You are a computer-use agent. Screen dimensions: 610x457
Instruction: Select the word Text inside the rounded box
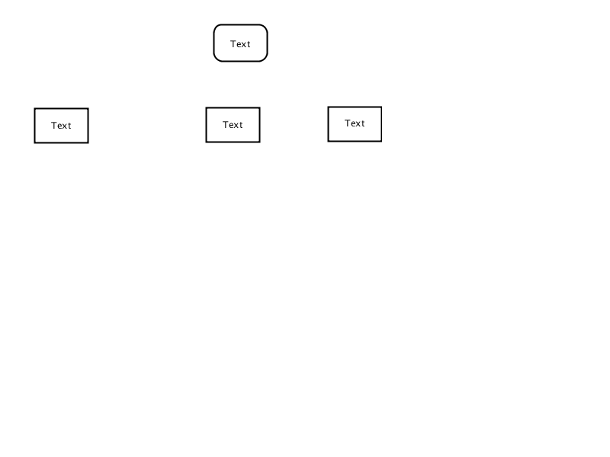point(240,44)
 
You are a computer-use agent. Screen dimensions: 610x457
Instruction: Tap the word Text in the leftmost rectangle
point(61,126)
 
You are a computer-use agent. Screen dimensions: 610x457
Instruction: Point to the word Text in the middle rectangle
point(233,125)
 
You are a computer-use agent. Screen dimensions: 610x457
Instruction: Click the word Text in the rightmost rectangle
point(355,123)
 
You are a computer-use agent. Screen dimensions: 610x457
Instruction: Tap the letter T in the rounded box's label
point(233,44)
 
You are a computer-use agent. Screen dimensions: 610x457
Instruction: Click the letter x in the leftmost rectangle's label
point(65,126)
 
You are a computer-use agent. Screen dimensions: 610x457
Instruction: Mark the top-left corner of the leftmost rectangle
point(34,108)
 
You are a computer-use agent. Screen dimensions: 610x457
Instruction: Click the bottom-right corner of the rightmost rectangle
point(382,142)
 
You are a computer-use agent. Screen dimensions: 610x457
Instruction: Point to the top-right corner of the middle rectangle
point(260,107)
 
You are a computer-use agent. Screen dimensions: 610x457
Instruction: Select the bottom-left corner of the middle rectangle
point(206,142)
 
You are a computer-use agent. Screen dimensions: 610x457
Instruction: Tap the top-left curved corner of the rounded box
point(217,27)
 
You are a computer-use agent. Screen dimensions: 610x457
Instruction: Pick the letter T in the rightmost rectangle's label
point(348,123)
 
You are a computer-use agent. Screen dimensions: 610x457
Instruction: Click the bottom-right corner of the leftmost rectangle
point(88,143)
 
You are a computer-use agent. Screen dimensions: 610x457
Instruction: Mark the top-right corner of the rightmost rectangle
point(382,107)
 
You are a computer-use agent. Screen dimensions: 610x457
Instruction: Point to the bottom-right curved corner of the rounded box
point(265,59)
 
